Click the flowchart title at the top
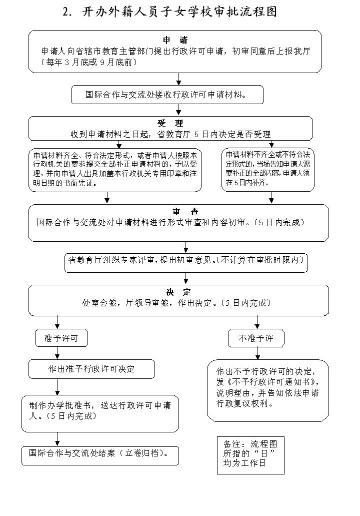click(x=170, y=12)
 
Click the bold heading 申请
click(x=175, y=40)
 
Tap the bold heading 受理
click(x=170, y=123)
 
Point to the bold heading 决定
click(x=178, y=292)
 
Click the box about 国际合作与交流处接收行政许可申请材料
click(x=167, y=94)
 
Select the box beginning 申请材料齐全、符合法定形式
click(x=115, y=169)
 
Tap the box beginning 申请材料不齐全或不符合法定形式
click(x=268, y=169)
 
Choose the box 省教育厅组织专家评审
click(x=185, y=261)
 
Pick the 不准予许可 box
click(x=257, y=339)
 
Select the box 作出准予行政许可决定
click(x=91, y=369)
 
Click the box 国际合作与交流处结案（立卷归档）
click(x=100, y=454)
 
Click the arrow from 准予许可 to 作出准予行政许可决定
click(x=57, y=353)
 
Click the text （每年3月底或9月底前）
click(x=90, y=62)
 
